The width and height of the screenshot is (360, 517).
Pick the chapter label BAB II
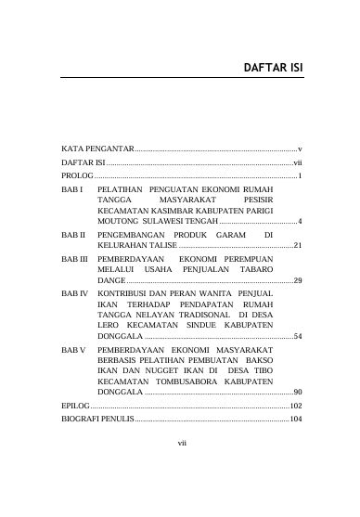tap(73, 234)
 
